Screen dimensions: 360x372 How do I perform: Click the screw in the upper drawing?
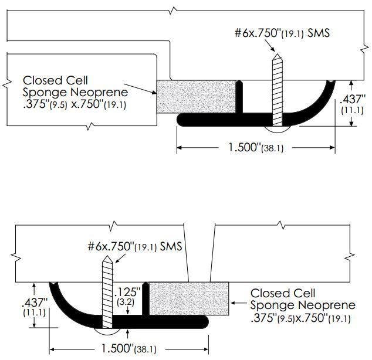[x=276, y=88]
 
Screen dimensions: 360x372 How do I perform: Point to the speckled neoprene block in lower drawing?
[x=188, y=298]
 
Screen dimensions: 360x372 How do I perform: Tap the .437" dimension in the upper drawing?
[x=352, y=100]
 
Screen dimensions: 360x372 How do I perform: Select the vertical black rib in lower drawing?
[x=146, y=299]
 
